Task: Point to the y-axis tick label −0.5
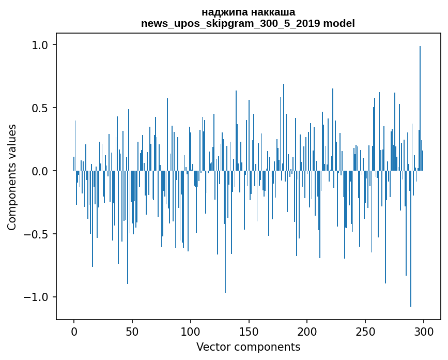coord(36,234)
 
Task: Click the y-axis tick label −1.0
coord(36,297)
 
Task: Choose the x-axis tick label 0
coord(74,331)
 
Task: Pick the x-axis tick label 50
coord(132,331)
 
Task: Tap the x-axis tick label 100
coord(191,331)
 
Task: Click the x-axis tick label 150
coord(249,331)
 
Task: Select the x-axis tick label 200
coord(307,331)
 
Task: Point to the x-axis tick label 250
coord(365,331)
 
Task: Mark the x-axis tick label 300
coord(424,331)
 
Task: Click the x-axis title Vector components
coord(248,347)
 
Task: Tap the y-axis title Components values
coord(12,177)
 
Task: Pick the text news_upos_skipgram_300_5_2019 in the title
coord(235,23)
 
